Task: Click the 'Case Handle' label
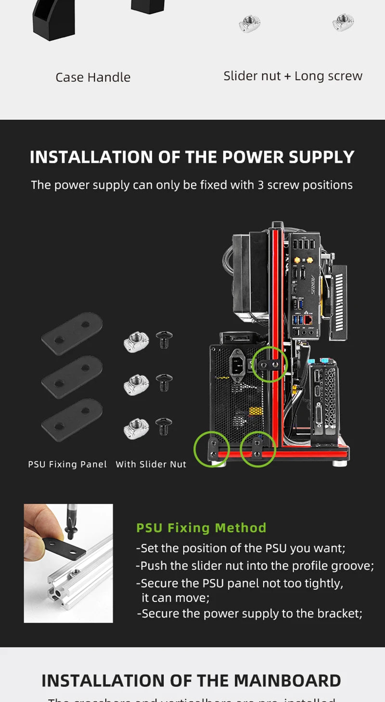coord(93,77)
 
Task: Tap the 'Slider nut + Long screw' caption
coord(293,76)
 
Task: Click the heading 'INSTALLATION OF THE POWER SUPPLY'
coord(192,157)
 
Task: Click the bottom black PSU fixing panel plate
coord(72,420)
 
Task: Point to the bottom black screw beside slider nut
coord(164,427)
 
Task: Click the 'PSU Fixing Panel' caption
coord(67,464)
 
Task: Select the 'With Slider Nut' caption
coord(151,464)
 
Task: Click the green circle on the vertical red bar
coord(269,364)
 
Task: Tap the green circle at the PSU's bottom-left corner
coord(212,449)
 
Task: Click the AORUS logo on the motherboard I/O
coord(312,285)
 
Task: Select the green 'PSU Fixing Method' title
coord(201,528)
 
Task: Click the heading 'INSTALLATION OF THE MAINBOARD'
coord(191,681)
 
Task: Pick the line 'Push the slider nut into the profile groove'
coord(255,566)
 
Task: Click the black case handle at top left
coord(53,19)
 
